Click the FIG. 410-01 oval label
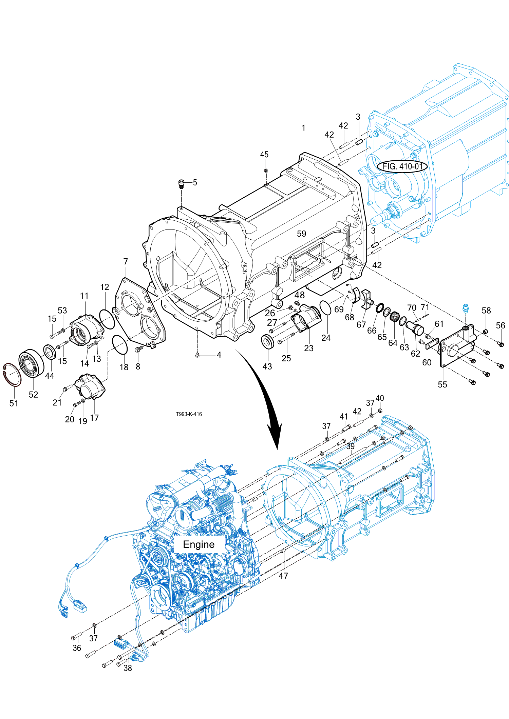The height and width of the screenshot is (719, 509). pos(402,166)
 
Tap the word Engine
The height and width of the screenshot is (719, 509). pos(199,544)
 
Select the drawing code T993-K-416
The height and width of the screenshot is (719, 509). pos(189,414)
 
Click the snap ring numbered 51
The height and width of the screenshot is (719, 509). pos(12,375)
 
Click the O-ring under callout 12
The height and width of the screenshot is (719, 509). pos(107,319)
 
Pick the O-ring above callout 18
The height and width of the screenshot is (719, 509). pos(120,345)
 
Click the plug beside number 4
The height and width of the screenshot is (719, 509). pos(197,355)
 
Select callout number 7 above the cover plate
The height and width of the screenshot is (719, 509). pos(126,262)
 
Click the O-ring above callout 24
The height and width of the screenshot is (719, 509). pos(325,307)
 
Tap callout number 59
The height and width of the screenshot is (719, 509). pos(301,234)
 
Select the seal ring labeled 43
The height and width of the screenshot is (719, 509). pos(268,341)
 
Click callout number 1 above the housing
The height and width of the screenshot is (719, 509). pos(303,128)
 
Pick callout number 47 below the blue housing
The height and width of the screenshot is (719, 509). pos(283,576)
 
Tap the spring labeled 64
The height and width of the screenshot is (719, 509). pos(394,317)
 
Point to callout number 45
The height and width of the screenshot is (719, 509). pos(264,155)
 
